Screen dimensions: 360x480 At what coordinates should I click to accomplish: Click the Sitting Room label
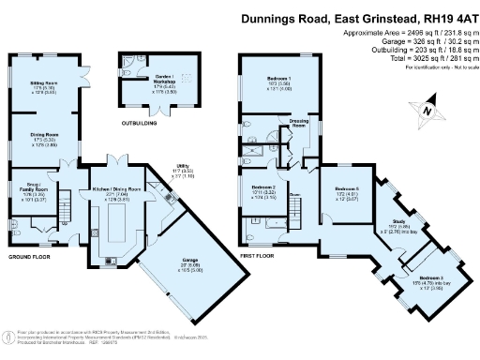(x=51, y=82)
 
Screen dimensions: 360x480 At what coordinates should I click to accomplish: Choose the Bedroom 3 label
(x=430, y=278)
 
